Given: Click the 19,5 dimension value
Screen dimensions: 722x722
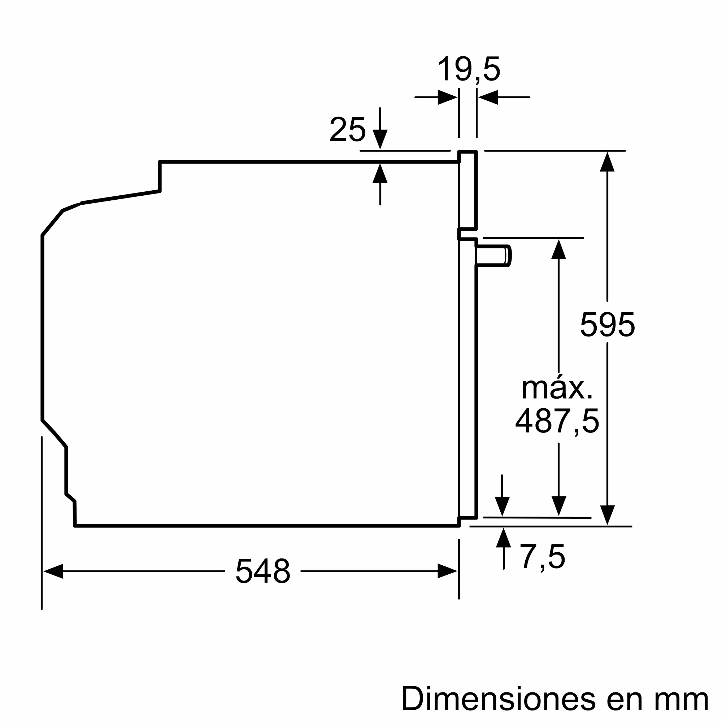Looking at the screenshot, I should (x=469, y=70).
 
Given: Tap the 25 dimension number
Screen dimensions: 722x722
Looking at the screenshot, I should (x=347, y=130).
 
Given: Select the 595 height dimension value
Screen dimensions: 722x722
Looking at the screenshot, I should (x=607, y=325).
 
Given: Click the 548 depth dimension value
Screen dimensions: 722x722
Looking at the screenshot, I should (x=263, y=571).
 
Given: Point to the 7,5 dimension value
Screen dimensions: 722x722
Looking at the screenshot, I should (x=543, y=557).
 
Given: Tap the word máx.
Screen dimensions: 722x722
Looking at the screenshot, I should (x=557, y=389).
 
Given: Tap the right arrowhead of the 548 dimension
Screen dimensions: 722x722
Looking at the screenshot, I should (x=447, y=571).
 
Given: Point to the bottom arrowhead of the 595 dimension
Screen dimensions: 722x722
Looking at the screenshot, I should (x=607, y=515).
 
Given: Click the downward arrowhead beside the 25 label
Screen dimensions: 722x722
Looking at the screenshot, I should (x=380, y=139).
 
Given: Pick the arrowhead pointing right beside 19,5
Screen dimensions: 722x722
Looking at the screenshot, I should (x=447, y=97).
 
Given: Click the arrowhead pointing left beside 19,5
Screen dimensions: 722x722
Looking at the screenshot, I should (x=488, y=97).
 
